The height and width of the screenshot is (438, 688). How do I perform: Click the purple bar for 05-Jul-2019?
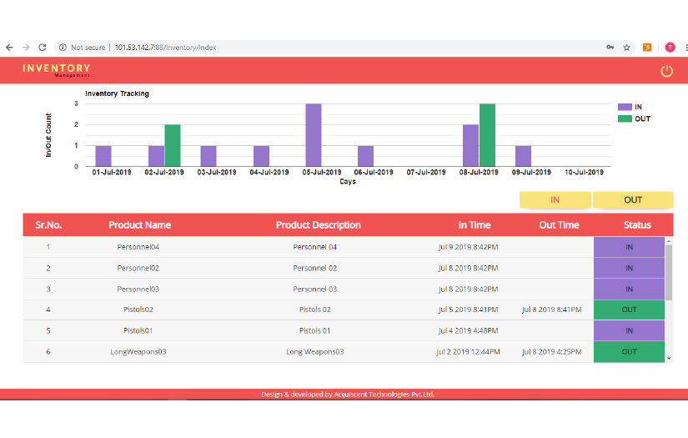click(x=314, y=135)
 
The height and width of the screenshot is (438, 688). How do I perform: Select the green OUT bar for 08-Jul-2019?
click(x=488, y=135)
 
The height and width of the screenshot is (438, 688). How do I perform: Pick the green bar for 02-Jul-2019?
click(x=173, y=145)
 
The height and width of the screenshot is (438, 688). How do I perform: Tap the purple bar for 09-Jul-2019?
click(x=523, y=156)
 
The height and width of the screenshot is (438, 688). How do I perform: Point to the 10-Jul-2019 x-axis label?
click(x=584, y=172)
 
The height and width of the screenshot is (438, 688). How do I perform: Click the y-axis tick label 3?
click(x=77, y=104)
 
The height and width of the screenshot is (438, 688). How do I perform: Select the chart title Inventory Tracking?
click(x=117, y=93)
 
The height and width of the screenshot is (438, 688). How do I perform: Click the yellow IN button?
click(x=555, y=199)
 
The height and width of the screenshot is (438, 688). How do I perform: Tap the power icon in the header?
click(x=666, y=71)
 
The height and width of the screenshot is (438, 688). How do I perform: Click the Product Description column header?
click(x=318, y=224)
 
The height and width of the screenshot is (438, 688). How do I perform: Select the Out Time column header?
click(x=559, y=224)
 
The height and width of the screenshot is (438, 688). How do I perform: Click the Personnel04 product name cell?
click(x=138, y=247)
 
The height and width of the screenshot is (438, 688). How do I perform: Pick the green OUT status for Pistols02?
click(x=629, y=310)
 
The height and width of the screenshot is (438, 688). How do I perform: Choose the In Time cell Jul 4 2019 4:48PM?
click(x=468, y=330)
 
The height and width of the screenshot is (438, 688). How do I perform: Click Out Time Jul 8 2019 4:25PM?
click(x=551, y=351)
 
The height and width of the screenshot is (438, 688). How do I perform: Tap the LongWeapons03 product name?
click(x=138, y=351)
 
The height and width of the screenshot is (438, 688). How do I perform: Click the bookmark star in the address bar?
click(x=626, y=48)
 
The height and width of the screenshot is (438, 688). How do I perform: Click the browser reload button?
click(x=43, y=48)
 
